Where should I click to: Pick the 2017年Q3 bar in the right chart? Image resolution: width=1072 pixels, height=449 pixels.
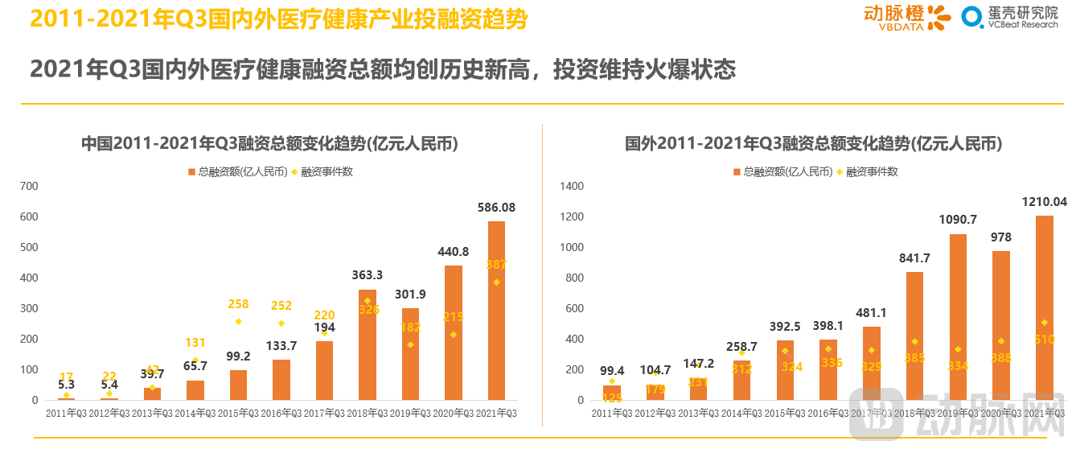point(871,363)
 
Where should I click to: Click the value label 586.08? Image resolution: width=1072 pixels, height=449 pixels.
point(496,208)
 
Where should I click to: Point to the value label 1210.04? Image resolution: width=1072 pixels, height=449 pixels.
point(1044,201)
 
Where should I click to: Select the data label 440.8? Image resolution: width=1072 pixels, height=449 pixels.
point(454,252)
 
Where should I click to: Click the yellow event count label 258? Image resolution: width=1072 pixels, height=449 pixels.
point(238,304)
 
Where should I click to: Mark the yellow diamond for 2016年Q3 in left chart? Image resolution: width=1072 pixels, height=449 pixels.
point(281,323)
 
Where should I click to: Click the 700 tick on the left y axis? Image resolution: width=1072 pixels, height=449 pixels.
point(29,186)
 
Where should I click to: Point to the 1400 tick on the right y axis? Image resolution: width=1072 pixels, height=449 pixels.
point(572,186)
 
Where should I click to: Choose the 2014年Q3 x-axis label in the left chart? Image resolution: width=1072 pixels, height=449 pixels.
point(195,413)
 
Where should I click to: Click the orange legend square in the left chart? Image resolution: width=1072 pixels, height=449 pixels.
point(191,171)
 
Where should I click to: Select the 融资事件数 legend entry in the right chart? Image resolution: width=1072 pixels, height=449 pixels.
point(871,171)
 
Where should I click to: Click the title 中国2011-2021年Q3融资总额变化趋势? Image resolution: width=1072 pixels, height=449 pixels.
point(269,144)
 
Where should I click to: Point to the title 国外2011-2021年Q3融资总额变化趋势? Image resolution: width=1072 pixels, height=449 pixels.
point(814,144)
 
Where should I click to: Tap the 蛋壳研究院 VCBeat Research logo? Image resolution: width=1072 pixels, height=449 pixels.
point(1011,17)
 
